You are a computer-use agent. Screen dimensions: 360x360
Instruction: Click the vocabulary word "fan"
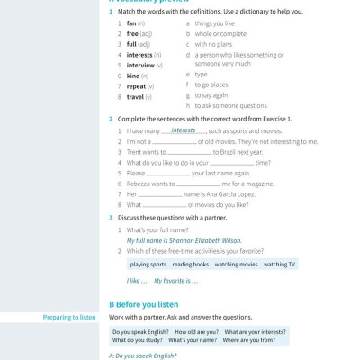click(131, 22)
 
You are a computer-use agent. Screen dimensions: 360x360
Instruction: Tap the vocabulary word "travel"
click(136, 96)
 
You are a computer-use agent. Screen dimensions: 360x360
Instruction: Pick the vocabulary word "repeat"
click(137, 86)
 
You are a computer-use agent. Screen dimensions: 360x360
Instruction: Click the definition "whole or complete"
click(220, 33)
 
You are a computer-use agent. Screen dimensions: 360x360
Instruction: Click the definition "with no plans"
click(213, 44)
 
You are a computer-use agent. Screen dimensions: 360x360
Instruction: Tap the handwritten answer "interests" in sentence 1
click(183, 130)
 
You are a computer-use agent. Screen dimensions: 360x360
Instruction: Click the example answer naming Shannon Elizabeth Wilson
click(184, 240)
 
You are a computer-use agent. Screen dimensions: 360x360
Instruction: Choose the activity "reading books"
click(190, 265)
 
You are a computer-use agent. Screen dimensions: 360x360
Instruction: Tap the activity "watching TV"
click(279, 265)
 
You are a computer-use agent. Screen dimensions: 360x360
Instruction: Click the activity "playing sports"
click(148, 265)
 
